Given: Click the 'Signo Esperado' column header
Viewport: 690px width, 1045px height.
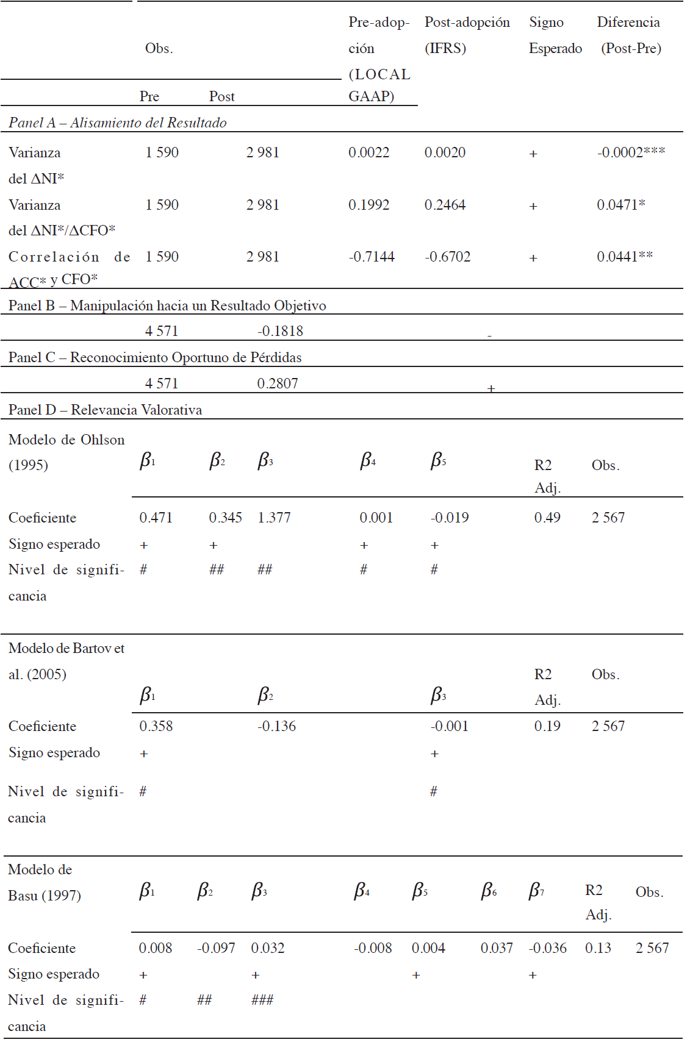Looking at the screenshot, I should tap(555, 35).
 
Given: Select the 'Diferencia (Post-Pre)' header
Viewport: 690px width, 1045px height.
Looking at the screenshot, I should tap(629, 35).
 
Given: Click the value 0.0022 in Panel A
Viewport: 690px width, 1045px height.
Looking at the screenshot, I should tap(368, 152).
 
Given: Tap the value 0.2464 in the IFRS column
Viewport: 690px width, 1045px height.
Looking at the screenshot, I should tap(445, 205).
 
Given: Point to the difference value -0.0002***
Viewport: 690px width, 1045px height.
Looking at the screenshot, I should tap(630, 152).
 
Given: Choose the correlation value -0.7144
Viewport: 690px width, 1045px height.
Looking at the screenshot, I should tap(371, 257).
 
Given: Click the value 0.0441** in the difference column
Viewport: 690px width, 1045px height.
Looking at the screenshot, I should tap(624, 257).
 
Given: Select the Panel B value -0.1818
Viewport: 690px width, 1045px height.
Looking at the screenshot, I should tap(280, 331).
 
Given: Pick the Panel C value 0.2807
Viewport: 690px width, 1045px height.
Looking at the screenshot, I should tap(278, 383).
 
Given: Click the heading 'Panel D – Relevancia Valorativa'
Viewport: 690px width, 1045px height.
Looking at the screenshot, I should tap(105, 410).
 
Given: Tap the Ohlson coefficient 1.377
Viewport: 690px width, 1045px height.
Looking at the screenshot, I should tap(274, 518).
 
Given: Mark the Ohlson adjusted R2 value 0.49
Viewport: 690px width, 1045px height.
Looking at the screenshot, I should tap(547, 518).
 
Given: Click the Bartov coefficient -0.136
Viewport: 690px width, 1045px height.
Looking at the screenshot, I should tap(276, 726).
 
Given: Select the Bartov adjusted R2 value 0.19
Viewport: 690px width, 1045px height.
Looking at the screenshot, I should tap(547, 726).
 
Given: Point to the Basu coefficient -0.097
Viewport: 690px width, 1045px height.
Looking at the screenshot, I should tap(216, 948).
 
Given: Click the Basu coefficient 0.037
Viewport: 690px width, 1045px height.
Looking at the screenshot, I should tap(497, 948).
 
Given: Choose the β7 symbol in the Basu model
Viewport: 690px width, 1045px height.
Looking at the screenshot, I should tap(536, 891).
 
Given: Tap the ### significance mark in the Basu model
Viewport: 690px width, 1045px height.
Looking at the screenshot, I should tap(262, 1000).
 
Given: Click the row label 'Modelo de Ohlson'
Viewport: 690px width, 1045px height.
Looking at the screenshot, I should tap(66, 440).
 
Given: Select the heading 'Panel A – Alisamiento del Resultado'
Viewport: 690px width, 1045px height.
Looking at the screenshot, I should tap(117, 123).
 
